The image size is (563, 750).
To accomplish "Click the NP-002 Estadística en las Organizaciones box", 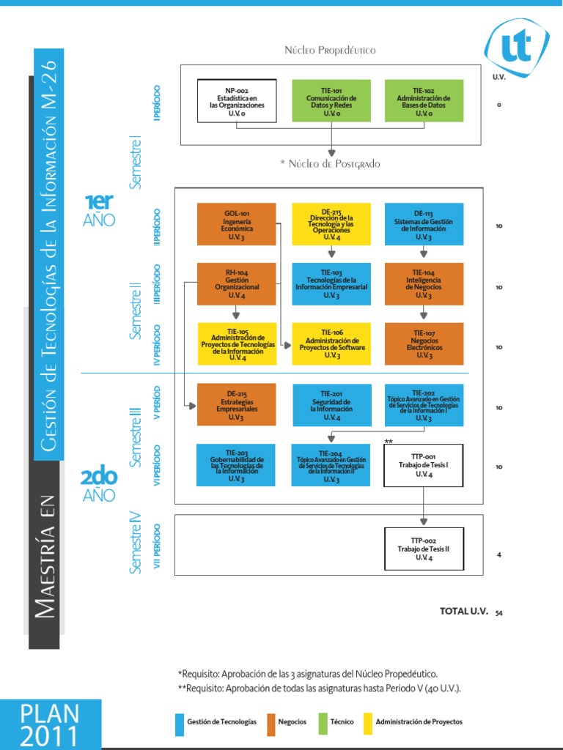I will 237,101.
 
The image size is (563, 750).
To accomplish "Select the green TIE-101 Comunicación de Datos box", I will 331,101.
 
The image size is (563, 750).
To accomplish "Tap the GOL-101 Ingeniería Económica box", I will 236,224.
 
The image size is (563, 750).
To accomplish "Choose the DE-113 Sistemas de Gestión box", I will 424,224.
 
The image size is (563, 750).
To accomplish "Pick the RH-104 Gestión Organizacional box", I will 236,283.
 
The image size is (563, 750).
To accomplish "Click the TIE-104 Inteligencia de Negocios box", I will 424,283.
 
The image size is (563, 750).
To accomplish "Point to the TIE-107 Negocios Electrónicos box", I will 424,344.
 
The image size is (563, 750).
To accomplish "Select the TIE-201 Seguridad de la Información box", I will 331,404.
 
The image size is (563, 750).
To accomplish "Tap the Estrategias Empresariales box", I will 236,404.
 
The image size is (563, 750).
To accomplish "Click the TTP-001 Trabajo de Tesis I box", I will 424,465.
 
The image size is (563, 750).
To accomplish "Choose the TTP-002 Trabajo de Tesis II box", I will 424,549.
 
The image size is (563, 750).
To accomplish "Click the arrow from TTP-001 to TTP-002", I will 424,507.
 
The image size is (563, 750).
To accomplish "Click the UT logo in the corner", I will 516,47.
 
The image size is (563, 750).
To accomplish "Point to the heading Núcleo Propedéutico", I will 331,50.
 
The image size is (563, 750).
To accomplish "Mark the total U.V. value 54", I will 499,612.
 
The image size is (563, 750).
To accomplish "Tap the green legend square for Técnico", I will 323,724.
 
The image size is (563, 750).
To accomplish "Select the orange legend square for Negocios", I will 272,724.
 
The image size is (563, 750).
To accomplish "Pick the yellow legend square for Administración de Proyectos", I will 368,724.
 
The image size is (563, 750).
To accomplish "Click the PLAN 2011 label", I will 50,724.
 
